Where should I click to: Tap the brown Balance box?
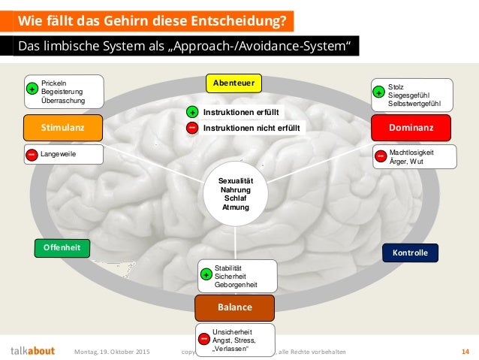coord(234,307)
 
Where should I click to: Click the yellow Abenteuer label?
coord(233,82)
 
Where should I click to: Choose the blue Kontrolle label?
coord(410,253)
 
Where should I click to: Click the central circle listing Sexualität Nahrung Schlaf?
coord(235,192)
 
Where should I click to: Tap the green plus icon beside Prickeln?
coord(32,89)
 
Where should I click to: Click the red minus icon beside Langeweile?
coord(32,155)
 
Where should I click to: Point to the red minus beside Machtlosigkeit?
coord(381,156)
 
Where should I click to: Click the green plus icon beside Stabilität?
coord(206,276)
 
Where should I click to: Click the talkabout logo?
coord(32,350)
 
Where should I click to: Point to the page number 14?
coord(465,351)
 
